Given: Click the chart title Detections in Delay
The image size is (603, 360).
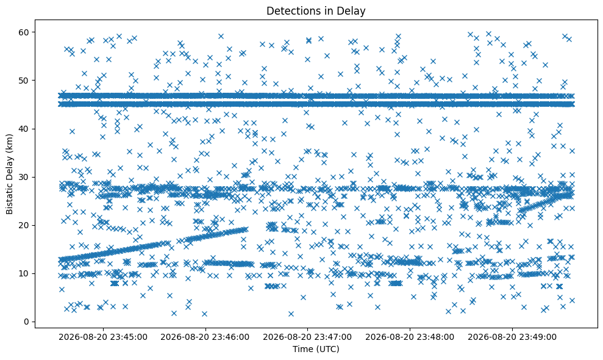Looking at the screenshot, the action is (x=316, y=11).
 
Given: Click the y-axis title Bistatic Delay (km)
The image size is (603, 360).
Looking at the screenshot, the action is (x=10, y=174).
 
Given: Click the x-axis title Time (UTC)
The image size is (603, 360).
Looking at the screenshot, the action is (x=316, y=349).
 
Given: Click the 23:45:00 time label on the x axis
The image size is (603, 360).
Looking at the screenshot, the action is (x=102, y=337).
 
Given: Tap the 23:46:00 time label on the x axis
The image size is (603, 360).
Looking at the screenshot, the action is (x=205, y=337).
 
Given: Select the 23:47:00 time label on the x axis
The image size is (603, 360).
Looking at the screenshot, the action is (x=307, y=337).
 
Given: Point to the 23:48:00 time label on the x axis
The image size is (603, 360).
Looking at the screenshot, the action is (x=410, y=337).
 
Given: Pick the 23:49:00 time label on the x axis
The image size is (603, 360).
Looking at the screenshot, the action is (x=512, y=337).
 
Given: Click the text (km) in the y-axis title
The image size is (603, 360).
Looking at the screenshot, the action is (x=10, y=142).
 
